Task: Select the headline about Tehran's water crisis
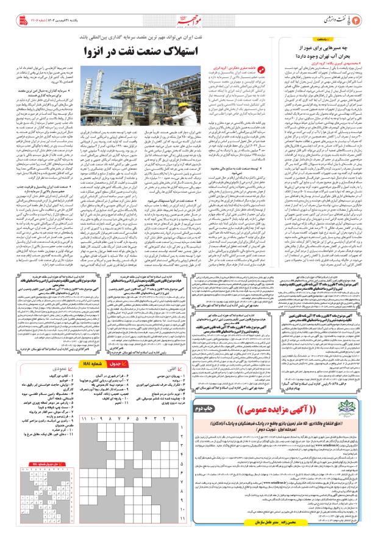click(328, 49)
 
